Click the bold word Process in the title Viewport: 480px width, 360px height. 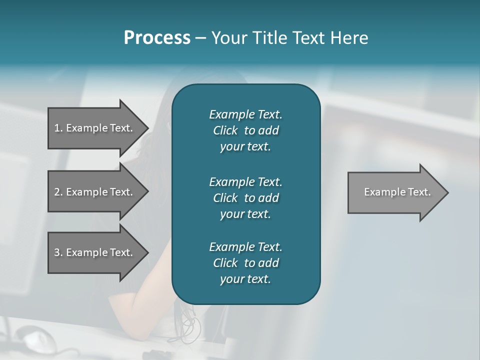pyautogui.click(x=157, y=38)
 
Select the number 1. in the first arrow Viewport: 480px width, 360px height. pyautogui.click(x=58, y=128)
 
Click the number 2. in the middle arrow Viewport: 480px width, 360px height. pyautogui.click(x=58, y=192)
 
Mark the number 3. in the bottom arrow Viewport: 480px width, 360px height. pyautogui.click(x=58, y=252)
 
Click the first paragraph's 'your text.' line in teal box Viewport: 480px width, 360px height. pyautogui.click(x=245, y=147)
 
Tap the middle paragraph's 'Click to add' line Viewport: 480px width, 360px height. pyautogui.click(x=245, y=198)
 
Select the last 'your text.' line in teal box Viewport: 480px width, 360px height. pyautogui.click(x=245, y=279)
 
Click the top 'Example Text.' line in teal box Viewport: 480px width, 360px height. pyautogui.click(x=245, y=114)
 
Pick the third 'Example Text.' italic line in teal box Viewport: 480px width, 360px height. pyautogui.click(x=245, y=247)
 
